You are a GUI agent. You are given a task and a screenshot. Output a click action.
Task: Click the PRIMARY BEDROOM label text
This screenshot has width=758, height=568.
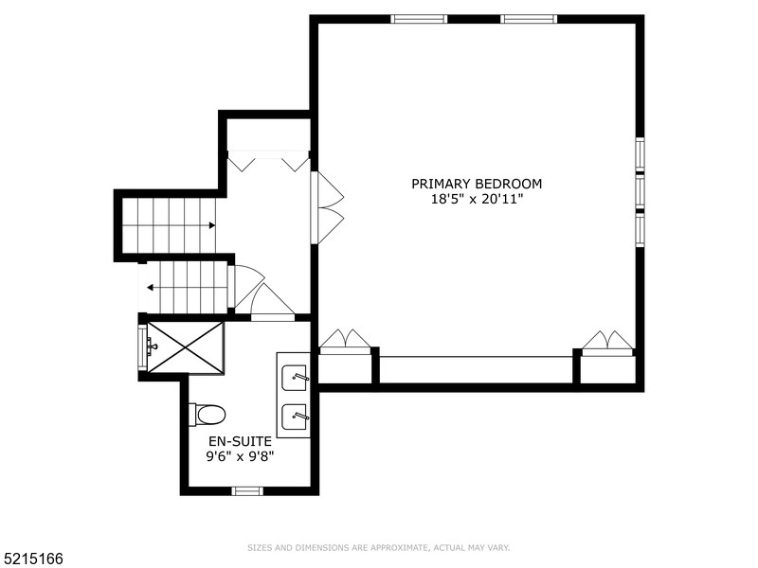(477, 184)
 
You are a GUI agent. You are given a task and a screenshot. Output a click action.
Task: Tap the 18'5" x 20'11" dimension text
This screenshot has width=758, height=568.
(477, 199)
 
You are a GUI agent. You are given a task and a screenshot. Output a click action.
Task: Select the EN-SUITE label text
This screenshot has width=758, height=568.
(241, 441)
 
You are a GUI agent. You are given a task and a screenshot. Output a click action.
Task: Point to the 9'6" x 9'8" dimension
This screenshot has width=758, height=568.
(241, 455)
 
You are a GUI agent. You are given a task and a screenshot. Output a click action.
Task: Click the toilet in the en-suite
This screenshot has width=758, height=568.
(208, 415)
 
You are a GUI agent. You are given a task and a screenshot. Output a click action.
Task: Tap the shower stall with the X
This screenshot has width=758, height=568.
(185, 347)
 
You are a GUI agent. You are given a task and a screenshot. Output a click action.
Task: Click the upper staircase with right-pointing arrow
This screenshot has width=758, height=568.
(169, 225)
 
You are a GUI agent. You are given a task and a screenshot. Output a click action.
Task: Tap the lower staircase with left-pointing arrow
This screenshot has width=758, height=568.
(185, 287)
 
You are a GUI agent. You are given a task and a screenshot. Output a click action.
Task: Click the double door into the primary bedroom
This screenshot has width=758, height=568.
(327, 208)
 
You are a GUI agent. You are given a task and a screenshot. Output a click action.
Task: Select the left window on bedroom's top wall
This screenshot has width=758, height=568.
(419, 19)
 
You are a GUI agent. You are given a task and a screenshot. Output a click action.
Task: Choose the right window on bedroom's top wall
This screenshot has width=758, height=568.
(529, 19)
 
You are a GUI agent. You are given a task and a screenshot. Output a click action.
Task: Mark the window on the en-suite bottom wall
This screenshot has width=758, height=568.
(247, 490)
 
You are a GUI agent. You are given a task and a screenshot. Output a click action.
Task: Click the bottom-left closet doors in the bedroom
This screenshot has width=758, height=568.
(345, 341)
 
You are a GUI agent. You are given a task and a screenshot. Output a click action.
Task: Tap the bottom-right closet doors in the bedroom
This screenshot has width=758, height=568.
(607, 342)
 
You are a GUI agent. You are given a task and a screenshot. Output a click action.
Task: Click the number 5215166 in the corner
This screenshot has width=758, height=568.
(32, 559)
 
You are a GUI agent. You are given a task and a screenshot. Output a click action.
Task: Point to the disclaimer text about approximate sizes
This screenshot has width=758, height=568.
(378, 547)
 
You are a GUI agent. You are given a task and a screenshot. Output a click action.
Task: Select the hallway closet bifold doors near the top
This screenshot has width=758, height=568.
(269, 160)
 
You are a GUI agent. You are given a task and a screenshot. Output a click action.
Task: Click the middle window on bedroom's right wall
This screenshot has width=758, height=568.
(640, 190)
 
